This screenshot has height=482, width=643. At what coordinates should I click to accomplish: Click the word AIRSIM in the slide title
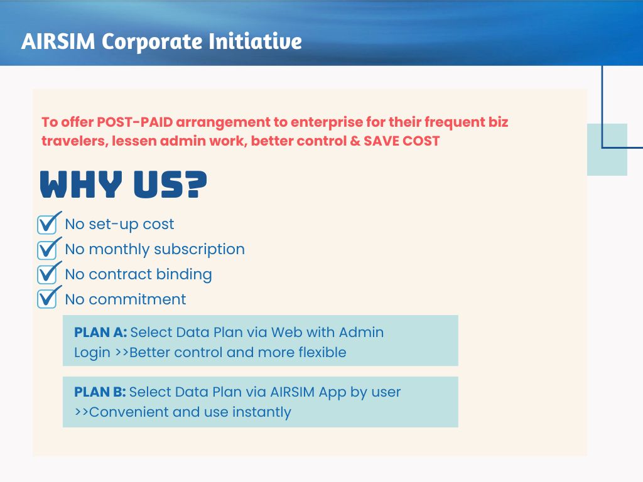(x=58, y=41)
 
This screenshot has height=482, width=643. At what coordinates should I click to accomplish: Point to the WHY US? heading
(x=124, y=185)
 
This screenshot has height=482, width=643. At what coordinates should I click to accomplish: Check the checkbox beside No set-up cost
(x=48, y=224)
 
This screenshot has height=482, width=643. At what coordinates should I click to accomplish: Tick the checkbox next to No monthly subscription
(x=48, y=249)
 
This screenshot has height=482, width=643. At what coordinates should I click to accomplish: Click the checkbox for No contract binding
(x=48, y=274)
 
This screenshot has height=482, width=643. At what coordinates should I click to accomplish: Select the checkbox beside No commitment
(x=48, y=299)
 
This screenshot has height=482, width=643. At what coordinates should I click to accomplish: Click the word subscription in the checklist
(x=199, y=249)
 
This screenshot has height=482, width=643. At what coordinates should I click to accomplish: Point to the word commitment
(x=138, y=299)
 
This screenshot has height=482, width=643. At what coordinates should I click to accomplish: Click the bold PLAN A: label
(x=100, y=332)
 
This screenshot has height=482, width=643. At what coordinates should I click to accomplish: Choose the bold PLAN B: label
(x=100, y=392)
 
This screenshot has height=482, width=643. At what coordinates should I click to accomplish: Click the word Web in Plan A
(x=286, y=332)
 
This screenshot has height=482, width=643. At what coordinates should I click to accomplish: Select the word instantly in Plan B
(x=262, y=412)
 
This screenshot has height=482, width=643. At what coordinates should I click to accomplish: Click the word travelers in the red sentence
(x=73, y=141)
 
